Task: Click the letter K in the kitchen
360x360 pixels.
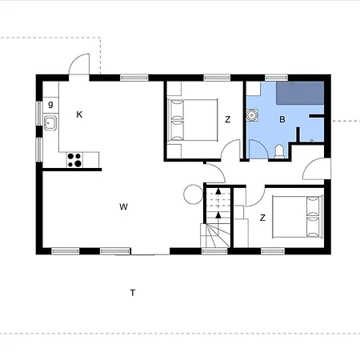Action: point(79,114)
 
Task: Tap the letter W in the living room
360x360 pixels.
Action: point(123,206)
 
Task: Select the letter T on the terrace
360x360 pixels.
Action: point(133,293)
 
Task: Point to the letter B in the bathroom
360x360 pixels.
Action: point(282,119)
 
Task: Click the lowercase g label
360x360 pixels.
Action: point(50,104)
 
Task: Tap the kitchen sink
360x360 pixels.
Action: point(50,123)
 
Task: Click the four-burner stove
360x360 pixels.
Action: point(74,160)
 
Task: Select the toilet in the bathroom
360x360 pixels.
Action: point(279,151)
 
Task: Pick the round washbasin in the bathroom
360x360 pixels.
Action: point(251,115)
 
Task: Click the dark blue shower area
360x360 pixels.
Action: point(300,93)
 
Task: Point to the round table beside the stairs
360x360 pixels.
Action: point(194,194)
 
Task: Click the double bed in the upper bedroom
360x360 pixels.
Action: point(192,120)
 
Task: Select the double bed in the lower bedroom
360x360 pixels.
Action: point(298,217)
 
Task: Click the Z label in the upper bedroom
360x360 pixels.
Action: point(227,119)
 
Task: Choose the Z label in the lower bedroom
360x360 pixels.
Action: point(262,218)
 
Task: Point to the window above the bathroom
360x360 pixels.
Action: point(277,78)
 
